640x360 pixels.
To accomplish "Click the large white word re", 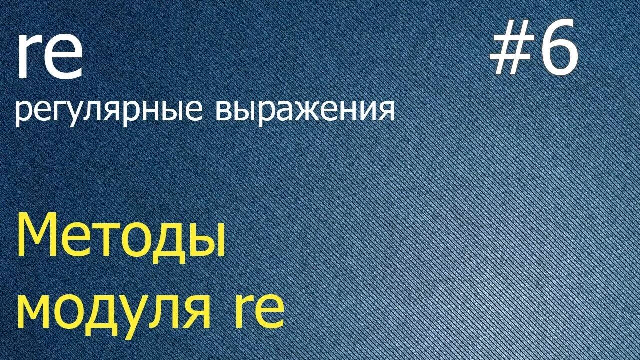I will (x=49, y=57).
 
